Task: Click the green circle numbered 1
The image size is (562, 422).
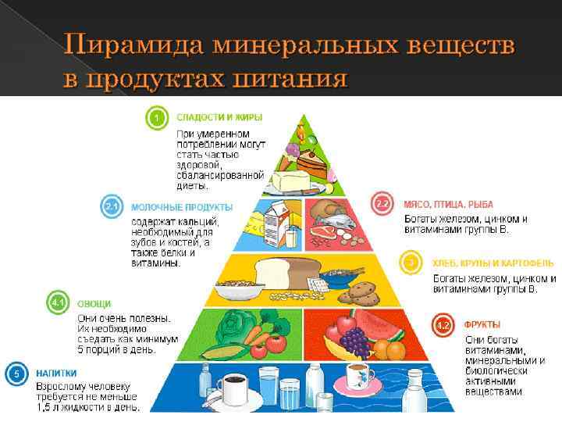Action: click(x=157, y=119)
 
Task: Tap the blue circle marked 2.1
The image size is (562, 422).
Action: click(x=111, y=207)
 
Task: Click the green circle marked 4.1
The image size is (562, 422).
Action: click(x=57, y=302)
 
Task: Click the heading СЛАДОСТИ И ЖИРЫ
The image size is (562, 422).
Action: click(x=219, y=117)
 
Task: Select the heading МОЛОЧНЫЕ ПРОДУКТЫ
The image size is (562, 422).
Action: click(x=181, y=207)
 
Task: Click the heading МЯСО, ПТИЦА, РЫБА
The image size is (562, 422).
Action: click(x=448, y=204)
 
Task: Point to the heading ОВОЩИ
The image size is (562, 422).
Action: click(x=94, y=303)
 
